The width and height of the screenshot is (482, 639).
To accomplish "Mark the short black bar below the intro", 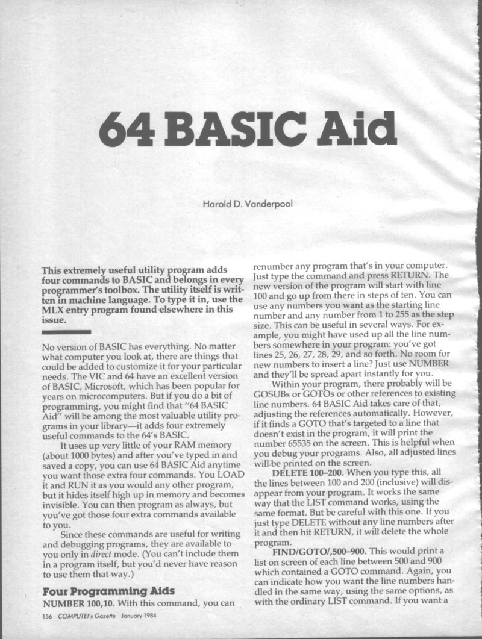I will click(x=66, y=331).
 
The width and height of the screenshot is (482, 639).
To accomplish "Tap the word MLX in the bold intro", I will click(x=55, y=310).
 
